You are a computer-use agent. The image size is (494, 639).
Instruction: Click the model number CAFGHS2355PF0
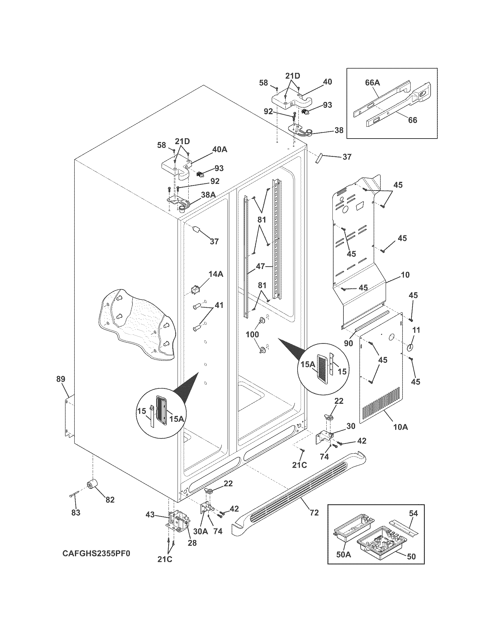tap(96, 554)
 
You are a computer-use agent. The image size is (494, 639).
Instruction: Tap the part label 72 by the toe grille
tap(314, 512)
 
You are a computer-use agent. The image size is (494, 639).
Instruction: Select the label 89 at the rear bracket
tap(61, 379)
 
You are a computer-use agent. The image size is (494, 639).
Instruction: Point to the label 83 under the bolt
tap(76, 512)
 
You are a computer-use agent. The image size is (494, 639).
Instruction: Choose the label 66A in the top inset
tap(372, 83)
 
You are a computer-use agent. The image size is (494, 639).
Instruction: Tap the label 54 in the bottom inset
tap(414, 513)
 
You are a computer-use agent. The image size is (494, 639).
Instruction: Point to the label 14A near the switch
tap(216, 274)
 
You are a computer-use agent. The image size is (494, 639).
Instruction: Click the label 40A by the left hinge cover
tap(219, 150)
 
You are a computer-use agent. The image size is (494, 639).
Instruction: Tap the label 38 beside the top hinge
tap(339, 130)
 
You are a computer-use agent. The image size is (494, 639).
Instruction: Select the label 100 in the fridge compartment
tap(252, 334)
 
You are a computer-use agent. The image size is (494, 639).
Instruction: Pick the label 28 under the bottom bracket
tap(192, 543)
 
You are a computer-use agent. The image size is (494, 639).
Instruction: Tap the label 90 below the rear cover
tap(348, 343)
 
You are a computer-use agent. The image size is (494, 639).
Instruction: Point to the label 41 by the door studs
tap(219, 305)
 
